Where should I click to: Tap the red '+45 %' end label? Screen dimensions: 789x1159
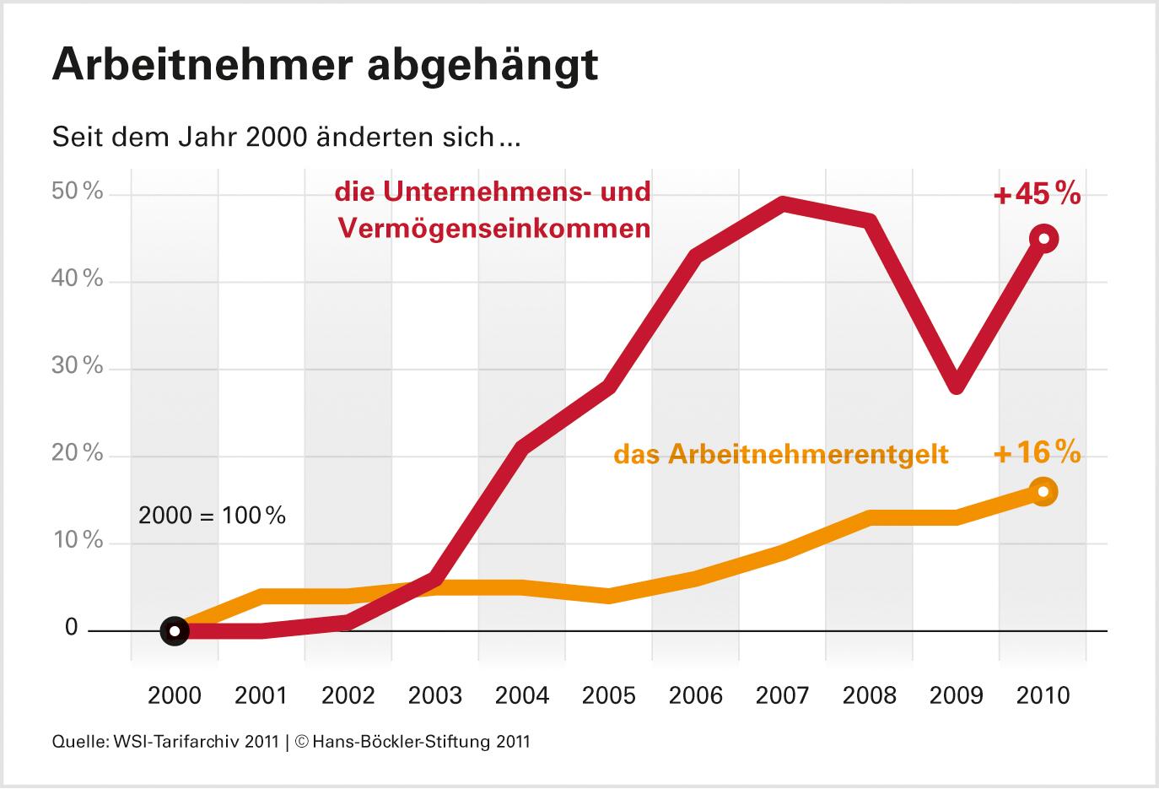tap(1037, 195)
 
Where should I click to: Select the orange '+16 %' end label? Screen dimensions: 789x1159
tap(1037, 453)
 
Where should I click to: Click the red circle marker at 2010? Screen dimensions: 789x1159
tap(1043, 239)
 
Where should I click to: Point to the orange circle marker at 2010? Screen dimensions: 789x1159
tap(1043, 491)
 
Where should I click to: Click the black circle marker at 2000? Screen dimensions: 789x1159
tap(175, 630)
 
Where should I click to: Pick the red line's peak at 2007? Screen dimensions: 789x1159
tap(784, 204)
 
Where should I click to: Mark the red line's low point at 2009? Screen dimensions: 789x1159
tap(956, 385)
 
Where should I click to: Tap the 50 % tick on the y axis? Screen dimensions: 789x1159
tap(78, 192)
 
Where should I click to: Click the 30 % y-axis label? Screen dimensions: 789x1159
tap(78, 366)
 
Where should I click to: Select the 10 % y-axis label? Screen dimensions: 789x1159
tap(78, 541)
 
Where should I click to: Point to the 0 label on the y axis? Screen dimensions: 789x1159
tap(71, 628)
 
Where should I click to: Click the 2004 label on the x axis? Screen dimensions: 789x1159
tap(522, 695)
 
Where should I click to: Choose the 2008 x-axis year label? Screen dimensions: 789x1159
tap(870, 695)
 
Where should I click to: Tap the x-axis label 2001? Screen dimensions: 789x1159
tap(261, 695)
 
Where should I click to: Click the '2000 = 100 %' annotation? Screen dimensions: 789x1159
tap(212, 515)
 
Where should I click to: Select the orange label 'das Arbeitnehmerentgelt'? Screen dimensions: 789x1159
tap(781, 455)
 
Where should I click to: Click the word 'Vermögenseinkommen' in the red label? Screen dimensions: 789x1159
tap(494, 229)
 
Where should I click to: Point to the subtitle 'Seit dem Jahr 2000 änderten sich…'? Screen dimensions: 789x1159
tap(287, 137)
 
